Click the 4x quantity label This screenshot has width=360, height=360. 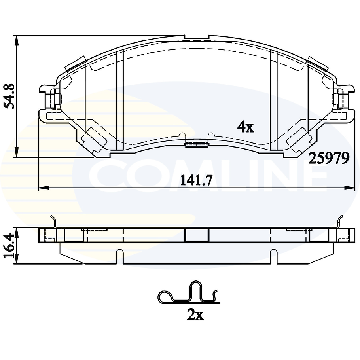tap(245, 127)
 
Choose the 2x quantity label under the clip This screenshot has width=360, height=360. tap(195, 315)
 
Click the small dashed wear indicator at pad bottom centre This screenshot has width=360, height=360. tap(197, 143)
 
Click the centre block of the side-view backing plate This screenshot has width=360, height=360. tap(197, 235)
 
